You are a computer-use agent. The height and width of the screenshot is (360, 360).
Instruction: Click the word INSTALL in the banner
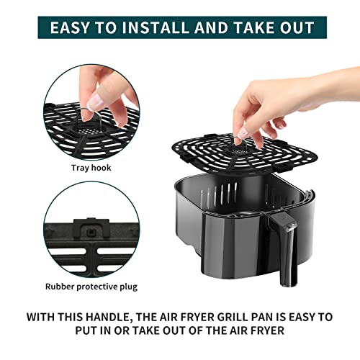click(x=156, y=27)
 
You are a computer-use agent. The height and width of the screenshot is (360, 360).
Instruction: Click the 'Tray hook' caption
click(x=91, y=168)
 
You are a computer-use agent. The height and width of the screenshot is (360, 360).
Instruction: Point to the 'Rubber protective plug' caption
click(x=91, y=287)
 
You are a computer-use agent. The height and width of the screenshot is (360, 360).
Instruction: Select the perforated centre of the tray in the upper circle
click(x=89, y=132)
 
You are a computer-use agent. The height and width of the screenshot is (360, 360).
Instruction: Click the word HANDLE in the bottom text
click(x=107, y=317)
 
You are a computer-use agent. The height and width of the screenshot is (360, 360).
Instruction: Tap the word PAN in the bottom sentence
click(x=262, y=317)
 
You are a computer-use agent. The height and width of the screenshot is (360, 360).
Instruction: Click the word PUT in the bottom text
click(x=86, y=330)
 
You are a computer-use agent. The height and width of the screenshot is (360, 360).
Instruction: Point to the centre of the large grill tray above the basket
click(x=244, y=152)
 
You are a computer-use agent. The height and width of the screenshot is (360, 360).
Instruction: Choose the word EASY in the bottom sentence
click(x=302, y=317)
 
